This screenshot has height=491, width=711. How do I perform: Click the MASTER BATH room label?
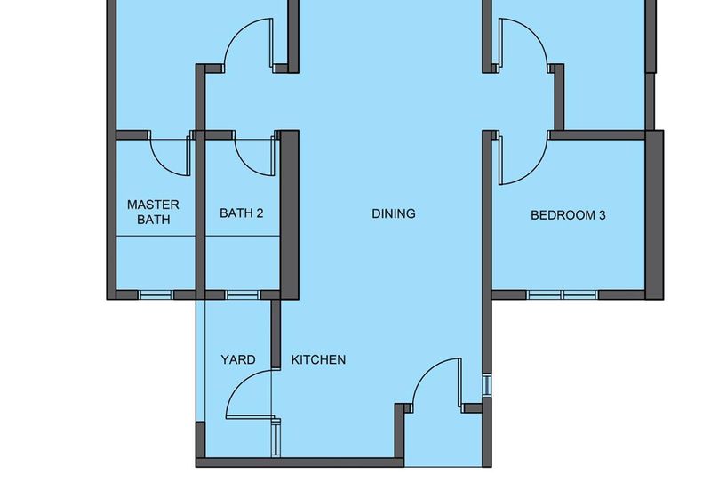[153, 212]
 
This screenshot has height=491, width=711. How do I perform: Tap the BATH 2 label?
[241, 213]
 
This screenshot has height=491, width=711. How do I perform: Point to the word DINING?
[394, 213]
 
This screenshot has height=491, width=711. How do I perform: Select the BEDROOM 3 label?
[568, 215]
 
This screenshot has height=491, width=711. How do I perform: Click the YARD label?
[237, 359]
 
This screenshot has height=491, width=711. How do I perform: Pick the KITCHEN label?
[318, 359]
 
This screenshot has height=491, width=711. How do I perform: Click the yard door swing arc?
[240, 382]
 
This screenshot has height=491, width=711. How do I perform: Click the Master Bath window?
[156, 295]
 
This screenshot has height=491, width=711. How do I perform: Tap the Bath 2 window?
[243, 295]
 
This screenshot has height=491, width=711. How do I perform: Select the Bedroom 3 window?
[563, 295]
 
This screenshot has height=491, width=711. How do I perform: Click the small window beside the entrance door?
[486, 386]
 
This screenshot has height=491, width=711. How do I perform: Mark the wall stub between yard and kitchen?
[276, 334]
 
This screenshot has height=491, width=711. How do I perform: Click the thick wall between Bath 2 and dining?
[290, 215]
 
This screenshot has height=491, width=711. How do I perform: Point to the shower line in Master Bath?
[156, 236]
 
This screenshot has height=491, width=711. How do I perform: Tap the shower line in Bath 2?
[243, 236]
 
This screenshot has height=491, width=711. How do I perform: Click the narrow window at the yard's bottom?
[276, 438]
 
